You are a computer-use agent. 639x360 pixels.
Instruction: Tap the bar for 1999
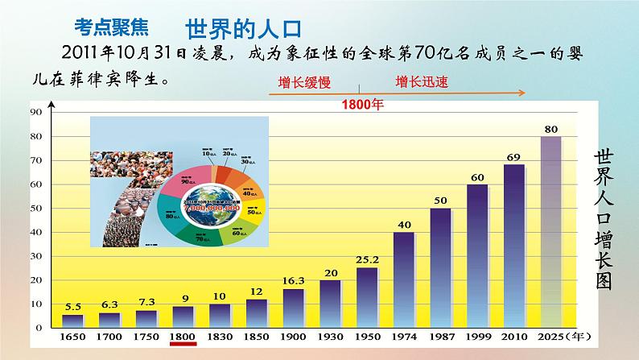pyautogui.click(x=476, y=255)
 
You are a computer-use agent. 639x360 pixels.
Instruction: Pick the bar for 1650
pyautogui.click(x=72, y=321)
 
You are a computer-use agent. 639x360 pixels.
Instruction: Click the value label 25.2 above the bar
pyautogui.click(x=367, y=260)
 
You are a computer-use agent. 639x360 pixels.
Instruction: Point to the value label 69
pyautogui.click(x=513, y=156)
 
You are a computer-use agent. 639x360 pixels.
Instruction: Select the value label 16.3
pyautogui.click(x=293, y=281)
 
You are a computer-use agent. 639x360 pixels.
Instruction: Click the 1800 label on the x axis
pyautogui.click(x=183, y=335)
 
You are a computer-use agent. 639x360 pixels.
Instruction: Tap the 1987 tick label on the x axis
pyautogui.click(x=439, y=335)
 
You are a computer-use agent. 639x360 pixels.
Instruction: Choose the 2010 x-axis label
pyautogui.click(x=513, y=335)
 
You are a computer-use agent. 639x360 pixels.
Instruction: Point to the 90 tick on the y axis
pyautogui.click(x=37, y=112)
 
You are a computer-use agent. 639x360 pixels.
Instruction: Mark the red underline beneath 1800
pyautogui.click(x=183, y=345)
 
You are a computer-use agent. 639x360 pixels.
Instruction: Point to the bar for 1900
pyautogui.click(x=293, y=308)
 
